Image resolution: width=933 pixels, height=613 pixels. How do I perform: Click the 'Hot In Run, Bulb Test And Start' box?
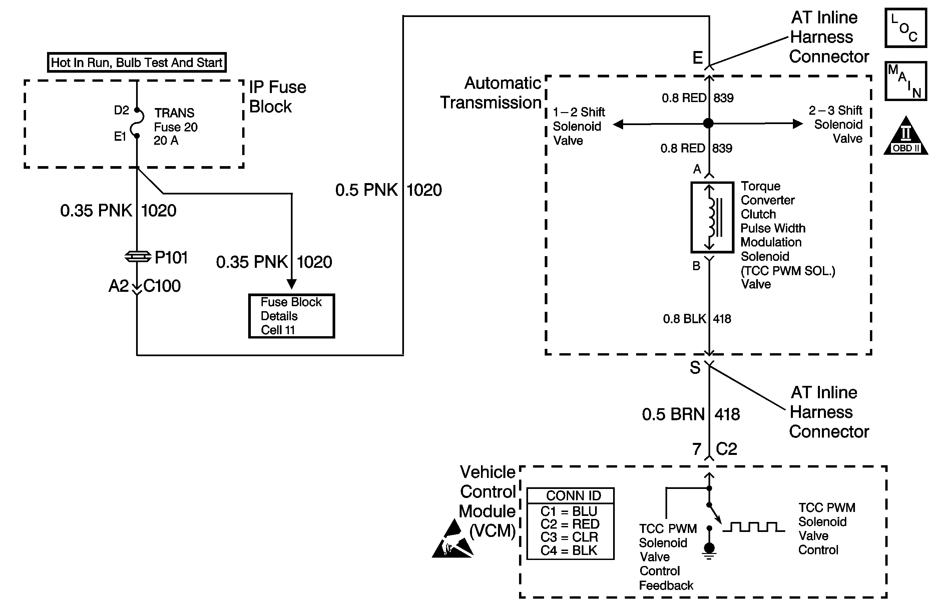(x=137, y=63)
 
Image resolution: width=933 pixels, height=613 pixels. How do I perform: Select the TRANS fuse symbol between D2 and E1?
(x=137, y=123)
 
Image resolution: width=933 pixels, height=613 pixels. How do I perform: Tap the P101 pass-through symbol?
(x=137, y=257)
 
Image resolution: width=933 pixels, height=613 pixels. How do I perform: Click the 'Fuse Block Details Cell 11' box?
(x=291, y=316)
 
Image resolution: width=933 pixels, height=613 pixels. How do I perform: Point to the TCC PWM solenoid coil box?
(x=712, y=217)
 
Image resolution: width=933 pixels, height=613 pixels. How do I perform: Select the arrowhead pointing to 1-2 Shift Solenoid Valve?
(x=618, y=125)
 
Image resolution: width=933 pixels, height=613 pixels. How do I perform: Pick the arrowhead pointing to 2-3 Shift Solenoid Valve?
(x=797, y=124)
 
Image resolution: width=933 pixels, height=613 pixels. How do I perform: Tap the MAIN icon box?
(x=906, y=81)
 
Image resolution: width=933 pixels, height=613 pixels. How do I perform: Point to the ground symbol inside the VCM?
(x=709, y=551)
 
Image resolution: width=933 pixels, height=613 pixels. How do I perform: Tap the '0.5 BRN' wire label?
(x=673, y=415)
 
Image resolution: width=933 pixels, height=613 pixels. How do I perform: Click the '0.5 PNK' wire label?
(x=366, y=190)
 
